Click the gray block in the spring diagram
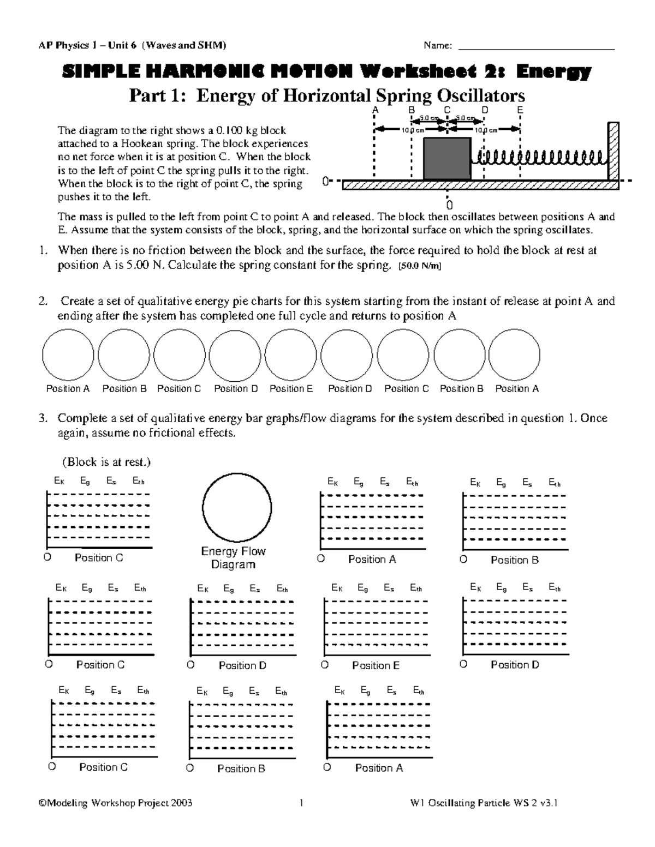point(447,158)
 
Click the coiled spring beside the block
point(540,158)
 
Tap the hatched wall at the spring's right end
point(614,153)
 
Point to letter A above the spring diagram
point(374,110)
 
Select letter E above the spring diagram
point(520,110)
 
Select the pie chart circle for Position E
point(291,355)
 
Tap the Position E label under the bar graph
point(376,665)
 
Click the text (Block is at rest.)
point(106,462)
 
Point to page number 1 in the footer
point(301,803)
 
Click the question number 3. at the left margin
point(43,418)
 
